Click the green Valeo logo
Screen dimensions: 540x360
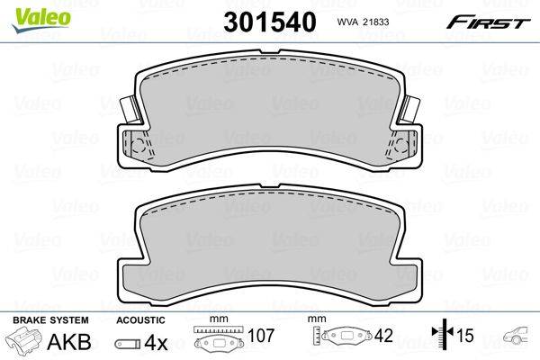click(x=41, y=20)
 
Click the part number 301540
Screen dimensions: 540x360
click(x=270, y=22)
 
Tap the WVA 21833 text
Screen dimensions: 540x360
click(x=363, y=22)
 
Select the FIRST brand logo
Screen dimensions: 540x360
click(x=488, y=22)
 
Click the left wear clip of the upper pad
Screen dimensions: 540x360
click(x=131, y=110)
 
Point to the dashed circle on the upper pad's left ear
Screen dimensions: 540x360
click(x=139, y=146)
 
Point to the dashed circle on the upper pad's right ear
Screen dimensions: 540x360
click(x=400, y=146)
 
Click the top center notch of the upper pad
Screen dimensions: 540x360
click(x=270, y=51)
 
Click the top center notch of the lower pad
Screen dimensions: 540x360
click(x=270, y=186)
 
